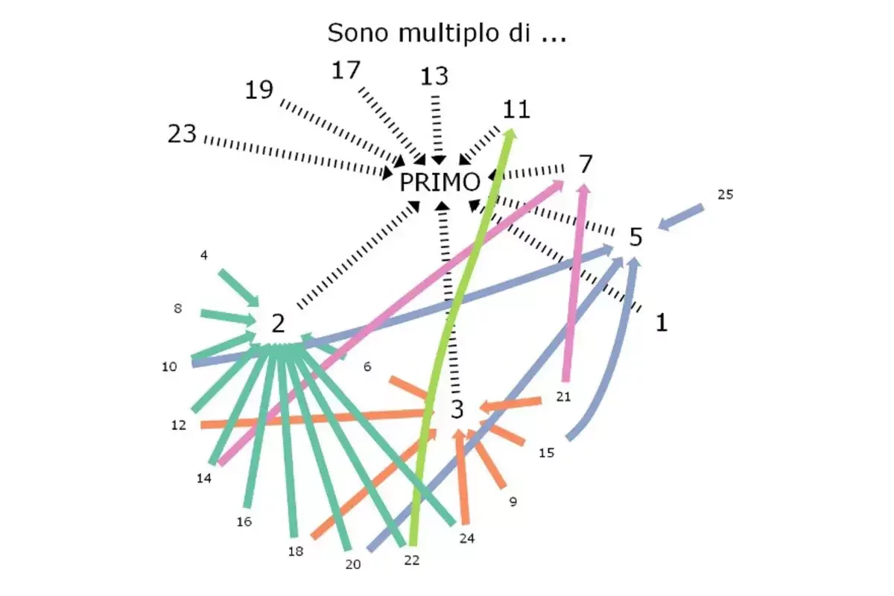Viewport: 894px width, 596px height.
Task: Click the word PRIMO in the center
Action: [440, 183]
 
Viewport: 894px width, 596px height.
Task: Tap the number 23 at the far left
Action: [182, 135]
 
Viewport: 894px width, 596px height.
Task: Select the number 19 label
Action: [259, 90]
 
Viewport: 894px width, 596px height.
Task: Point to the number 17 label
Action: [346, 71]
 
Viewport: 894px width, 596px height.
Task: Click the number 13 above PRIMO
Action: [434, 76]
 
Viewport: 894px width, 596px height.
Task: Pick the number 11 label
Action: [516, 110]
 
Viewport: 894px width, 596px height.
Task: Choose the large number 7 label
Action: [586, 163]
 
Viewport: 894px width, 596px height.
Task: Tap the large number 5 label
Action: [635, 238]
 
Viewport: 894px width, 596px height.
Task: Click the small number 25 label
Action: [725, 195]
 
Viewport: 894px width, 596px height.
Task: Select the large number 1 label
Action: [661, 322]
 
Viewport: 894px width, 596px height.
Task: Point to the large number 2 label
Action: [278, 323]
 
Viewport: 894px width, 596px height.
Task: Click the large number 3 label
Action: [457, 408]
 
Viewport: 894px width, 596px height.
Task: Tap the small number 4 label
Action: [203, 256]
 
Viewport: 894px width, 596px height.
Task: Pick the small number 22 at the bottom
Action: [412, 560]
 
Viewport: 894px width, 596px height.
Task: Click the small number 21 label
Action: [563, 397]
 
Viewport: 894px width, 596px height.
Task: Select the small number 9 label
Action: [513, 502]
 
